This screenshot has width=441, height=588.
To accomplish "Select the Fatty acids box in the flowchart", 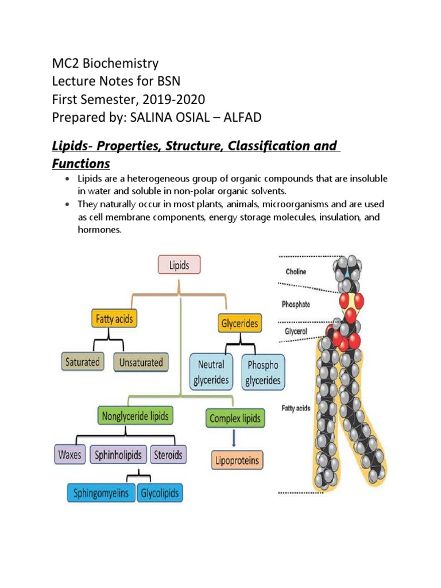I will [114, 319].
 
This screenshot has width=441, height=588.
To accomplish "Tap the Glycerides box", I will [239, 323].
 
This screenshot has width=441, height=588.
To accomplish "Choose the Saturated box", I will [82, 362].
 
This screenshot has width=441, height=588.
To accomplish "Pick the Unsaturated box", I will [141, 362].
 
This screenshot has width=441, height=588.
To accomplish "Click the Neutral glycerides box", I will [211, 372].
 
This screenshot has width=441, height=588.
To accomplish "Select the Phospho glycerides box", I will [263, 372].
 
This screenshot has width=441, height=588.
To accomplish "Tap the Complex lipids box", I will [235, 419].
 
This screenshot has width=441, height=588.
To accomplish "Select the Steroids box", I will [168, 455].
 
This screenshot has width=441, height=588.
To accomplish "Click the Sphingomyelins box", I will [101, 493].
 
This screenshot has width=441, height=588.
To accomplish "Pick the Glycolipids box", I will [159, 493].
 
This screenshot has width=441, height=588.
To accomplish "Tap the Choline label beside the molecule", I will [296, 272].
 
